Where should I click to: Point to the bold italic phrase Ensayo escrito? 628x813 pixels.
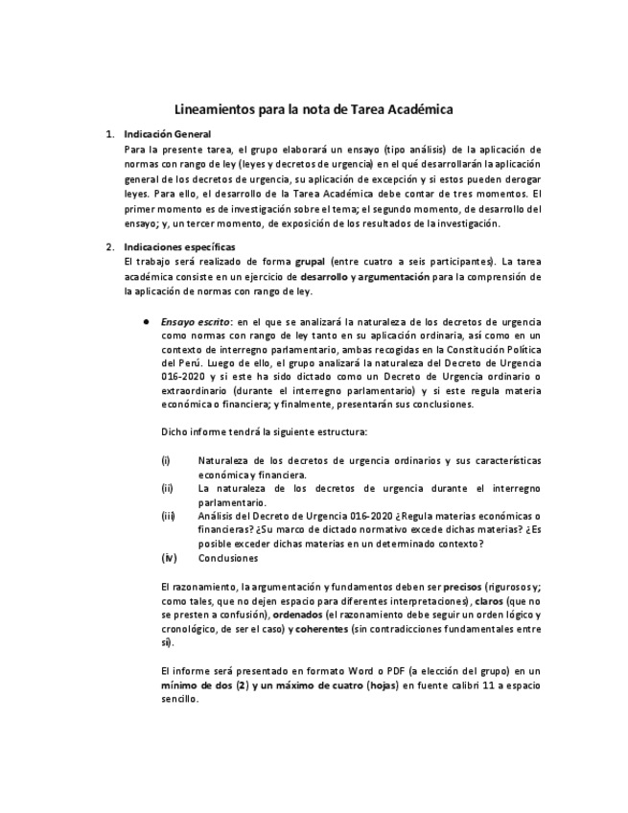(x=189, y=321)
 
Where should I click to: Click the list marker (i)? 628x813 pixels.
(x=166, y=461)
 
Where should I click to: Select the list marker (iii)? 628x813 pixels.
(x=168, y=516)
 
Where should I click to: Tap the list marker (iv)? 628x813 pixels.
(x=168, y=558)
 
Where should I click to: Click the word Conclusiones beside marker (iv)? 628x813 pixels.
(x=228, y=558)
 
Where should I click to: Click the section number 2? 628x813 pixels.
(x=110, y=247)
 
